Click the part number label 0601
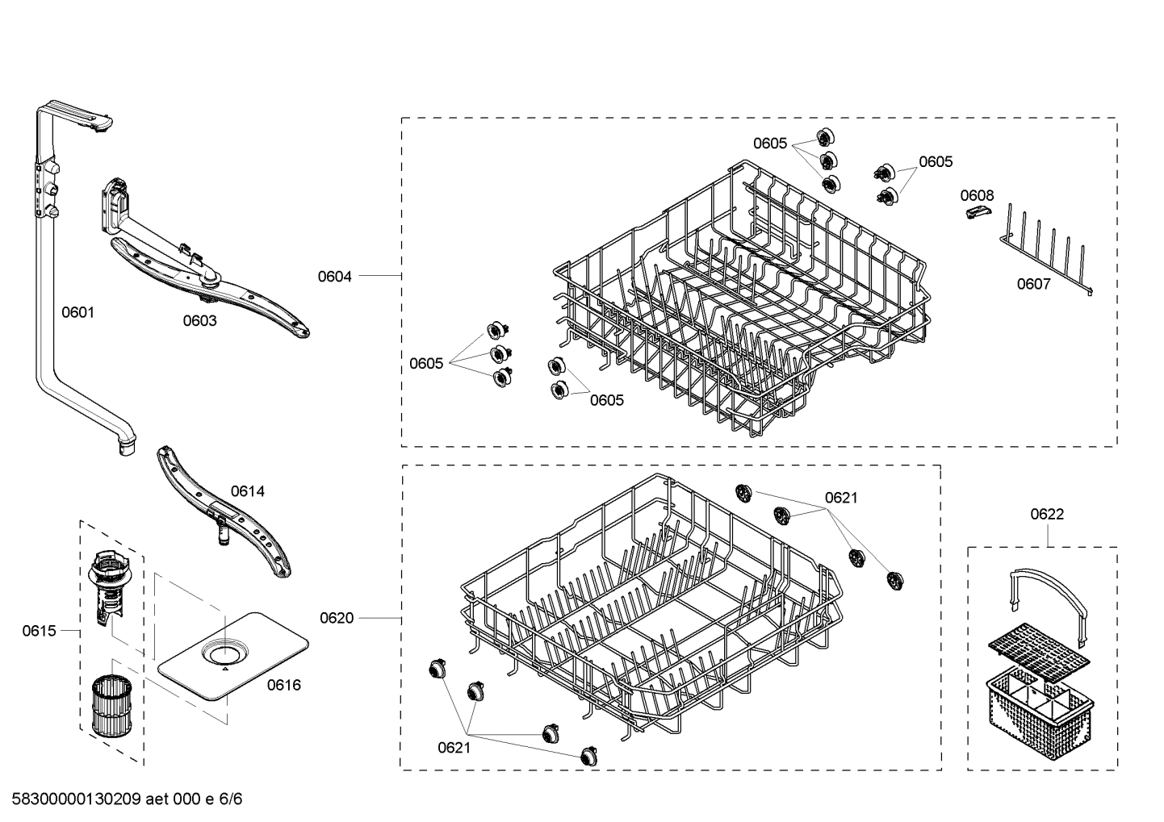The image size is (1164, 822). click(x=78, y=311)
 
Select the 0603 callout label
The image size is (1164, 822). click(x=199, y=320)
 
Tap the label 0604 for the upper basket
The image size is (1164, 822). click(x=334, y=277)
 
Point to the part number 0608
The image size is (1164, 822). click(x=977, y=195)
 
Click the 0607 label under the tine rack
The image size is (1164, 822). click(x=1033, y=283)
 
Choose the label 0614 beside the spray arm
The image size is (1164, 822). click(x=247, y=490)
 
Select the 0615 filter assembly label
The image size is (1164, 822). click(x=39, y=630)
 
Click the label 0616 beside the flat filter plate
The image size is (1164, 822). click(x=283, y=685)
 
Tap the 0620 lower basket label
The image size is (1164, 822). click(x=337, y=618)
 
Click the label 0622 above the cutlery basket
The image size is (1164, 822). click(x=1047, y=514)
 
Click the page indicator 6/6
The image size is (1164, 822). click(x=230, y=799)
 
